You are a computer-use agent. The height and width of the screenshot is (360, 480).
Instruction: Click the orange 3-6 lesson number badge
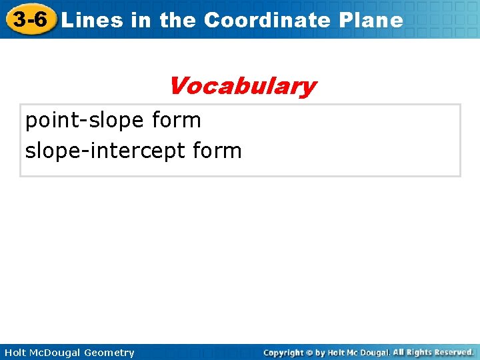(x=30, y=19)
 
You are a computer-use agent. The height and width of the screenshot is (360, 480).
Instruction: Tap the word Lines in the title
(x=93, y=20)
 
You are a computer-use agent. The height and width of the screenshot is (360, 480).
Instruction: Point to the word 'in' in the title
(x=141, y=20)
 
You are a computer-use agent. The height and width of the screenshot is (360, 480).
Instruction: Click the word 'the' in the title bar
(x=177, y=20)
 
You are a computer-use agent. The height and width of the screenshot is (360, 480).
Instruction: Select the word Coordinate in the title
(x=267, y=20)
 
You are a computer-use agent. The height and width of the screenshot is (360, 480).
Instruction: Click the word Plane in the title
(x=371, y=20)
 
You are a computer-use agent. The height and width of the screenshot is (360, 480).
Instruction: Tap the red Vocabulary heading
(x=242, y=86)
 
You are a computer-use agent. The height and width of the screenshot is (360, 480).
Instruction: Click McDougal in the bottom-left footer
(x=56, y=353)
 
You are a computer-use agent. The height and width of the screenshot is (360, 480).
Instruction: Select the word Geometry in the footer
(x=109, y=353)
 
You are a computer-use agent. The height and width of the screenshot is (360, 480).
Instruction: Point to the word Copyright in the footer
(x=283, y=353)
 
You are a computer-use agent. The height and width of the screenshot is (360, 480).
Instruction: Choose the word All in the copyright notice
(x=399, y=352)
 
